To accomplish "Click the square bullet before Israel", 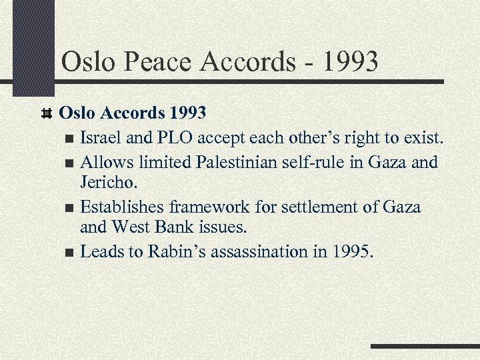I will point(71,139).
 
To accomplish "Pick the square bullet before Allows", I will point(71,163).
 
